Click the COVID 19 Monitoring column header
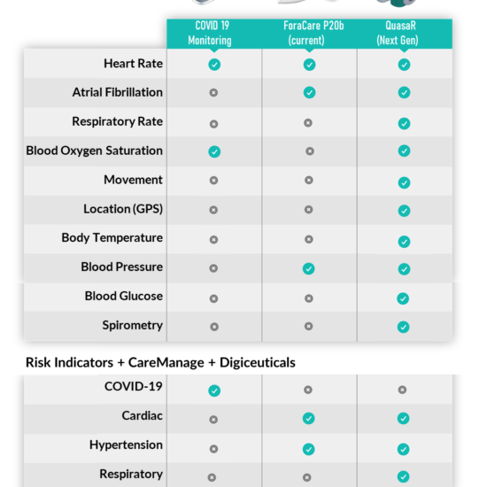210,33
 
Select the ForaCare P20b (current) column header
313,33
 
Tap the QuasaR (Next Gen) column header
398,33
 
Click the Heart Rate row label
133,64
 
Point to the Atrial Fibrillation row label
118,92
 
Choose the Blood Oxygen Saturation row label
95,151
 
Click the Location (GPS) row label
123,209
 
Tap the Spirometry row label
133,325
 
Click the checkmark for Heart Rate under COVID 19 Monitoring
214,65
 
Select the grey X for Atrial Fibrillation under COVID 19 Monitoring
213,93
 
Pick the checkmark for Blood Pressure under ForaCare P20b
308,268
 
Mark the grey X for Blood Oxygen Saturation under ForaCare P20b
310,151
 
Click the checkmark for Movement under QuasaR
404,182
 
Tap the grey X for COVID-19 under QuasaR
402,390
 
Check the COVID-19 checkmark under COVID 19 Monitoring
214,390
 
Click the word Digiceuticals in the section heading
258,362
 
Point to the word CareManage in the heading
166,362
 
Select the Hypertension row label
126,444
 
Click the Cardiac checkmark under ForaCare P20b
308,418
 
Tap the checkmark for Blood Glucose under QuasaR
403,298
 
